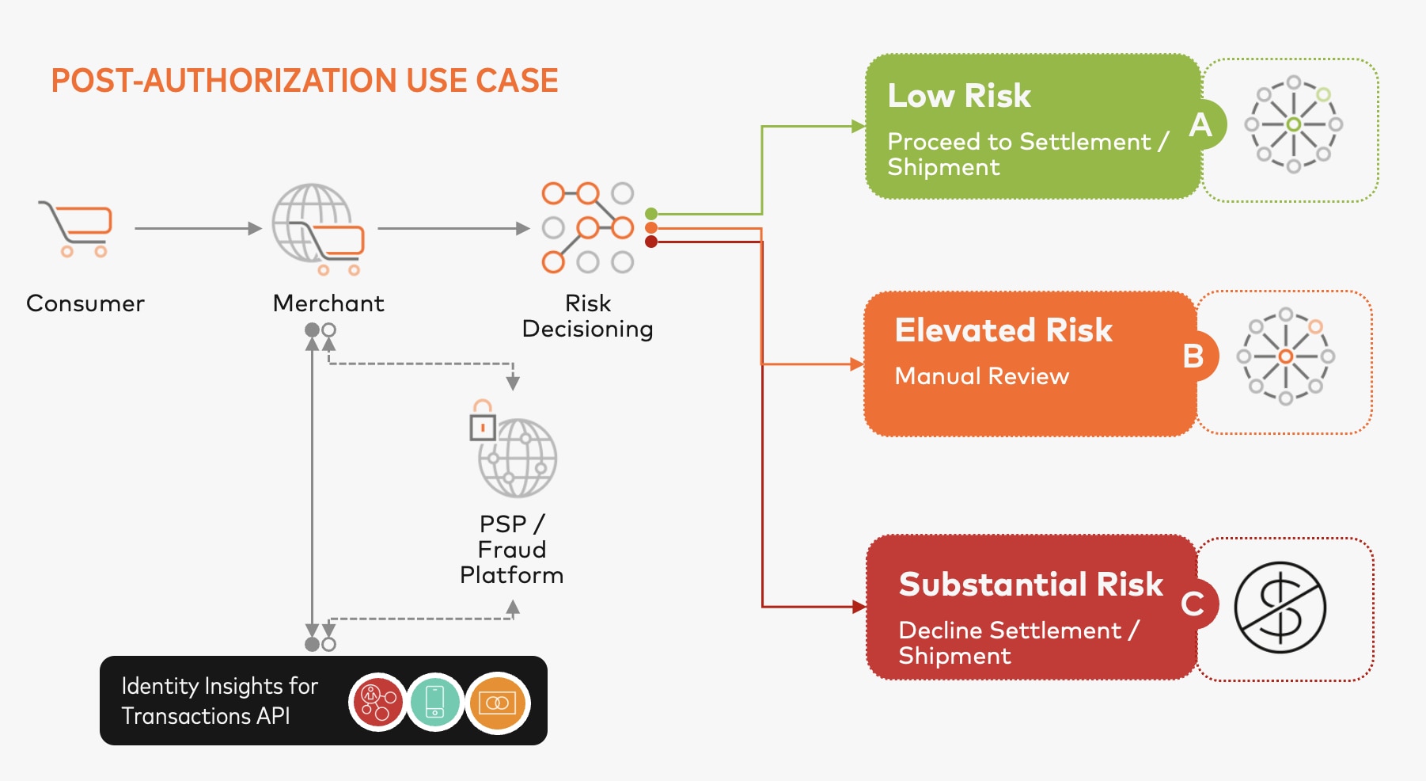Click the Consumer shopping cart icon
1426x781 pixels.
click(76, 228)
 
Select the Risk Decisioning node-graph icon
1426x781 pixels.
click(588, 228)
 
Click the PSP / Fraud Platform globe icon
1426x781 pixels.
click(515, 452)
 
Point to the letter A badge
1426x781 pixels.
click(1200, 125)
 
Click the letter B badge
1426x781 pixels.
click(1193, 356)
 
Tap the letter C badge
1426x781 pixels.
click(1193, 604)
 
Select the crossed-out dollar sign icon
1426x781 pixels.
click(1280, 608)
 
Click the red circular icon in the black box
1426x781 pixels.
click(378, 702)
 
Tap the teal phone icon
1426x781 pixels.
click(435, 702)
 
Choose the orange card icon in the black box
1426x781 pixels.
click(497, 703)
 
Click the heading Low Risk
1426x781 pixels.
click(959, 96)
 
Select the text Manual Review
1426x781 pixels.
click(981, 376)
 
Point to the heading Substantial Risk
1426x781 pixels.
click(1030, 585)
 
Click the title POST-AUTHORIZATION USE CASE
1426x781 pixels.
click(305, 81)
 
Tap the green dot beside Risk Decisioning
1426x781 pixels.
click(651, 214)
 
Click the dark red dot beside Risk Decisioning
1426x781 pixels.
click(651, 242)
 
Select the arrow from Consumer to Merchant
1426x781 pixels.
click(198, 229)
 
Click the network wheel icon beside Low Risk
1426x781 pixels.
click(1293, 124)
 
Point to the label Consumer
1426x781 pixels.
click(85, 303)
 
